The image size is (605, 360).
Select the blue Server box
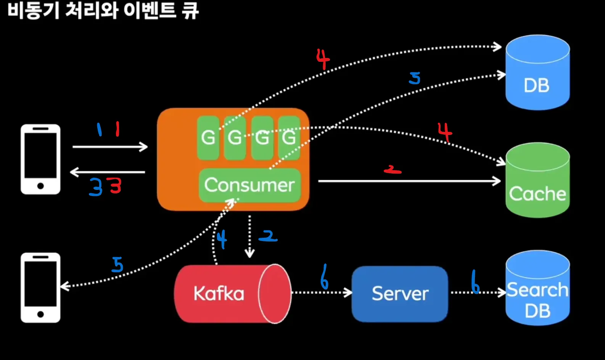click(399, 294)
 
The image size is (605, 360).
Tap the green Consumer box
click(249, 185)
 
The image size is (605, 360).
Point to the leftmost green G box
click(208, 138)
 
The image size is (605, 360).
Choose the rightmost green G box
click(289, 138)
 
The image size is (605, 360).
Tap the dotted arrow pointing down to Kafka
click(249, 236)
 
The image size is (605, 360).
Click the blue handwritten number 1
click(99, 130)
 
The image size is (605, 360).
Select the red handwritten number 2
click(393, 170)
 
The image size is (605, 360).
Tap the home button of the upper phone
click(40, 186)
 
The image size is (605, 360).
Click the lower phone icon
click(40, 288)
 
